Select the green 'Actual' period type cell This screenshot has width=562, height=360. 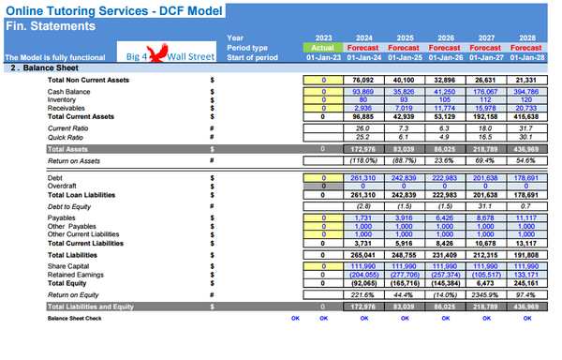(322, 47)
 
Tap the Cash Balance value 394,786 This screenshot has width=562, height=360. (525, 92)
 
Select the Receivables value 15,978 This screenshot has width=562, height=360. (485, 108)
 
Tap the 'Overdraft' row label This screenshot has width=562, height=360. (65, 185)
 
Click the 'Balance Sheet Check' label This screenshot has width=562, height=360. (76, 319)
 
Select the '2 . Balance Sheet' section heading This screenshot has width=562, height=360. (43, 68)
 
